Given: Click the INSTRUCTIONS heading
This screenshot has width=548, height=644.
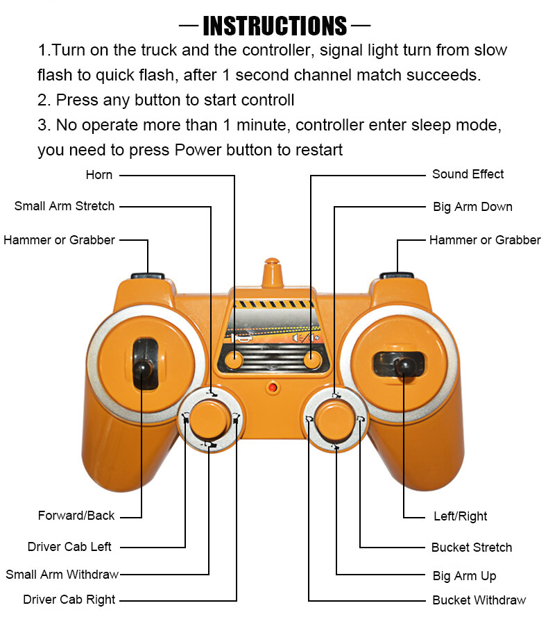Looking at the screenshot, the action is (x=275, y=26).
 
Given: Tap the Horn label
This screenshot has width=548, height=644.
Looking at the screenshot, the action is (x=99, y=175).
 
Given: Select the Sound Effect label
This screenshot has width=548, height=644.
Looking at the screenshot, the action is (x=468, y=174).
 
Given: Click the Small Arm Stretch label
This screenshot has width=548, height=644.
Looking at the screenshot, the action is (x=65, y=206).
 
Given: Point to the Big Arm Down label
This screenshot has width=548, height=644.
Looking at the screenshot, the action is (x=472, y=207).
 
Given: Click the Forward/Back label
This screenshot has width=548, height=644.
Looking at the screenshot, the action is (x=76, y=516).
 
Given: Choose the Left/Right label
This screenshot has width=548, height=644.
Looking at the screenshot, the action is (x=460, y=516).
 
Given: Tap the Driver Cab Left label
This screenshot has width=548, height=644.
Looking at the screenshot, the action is (x=69, y=547).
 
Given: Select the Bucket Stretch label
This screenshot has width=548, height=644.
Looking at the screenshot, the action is (x=472, y=548).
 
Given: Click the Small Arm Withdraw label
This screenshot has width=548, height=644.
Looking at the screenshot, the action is (x=62, y=574).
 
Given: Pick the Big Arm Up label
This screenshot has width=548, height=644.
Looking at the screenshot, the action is (x=464, y=576).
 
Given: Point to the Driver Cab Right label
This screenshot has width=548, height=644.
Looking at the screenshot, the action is (x=69, y=600).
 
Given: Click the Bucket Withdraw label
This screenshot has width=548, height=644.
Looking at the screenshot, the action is (x=479, y=600).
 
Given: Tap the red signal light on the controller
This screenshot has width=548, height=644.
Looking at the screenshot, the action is (x=272, y=387).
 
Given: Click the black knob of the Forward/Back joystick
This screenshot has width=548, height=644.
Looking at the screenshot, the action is (x=142, y=367).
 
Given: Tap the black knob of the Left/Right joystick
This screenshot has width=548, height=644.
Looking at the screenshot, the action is (x=404, y=366).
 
